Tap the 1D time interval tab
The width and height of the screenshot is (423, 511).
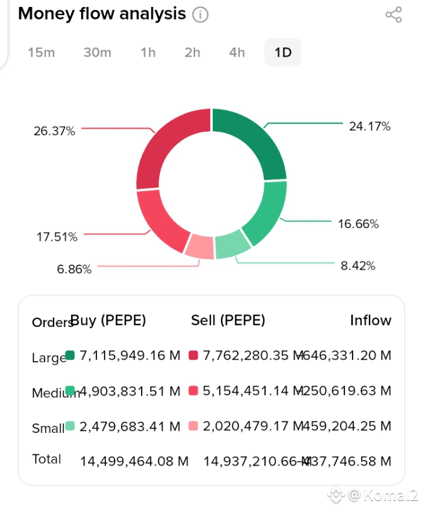[283, 52]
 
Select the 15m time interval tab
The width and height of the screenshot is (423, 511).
[41, 52]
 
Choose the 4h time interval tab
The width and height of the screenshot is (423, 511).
[237, 52]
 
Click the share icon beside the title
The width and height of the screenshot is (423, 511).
[393, 14]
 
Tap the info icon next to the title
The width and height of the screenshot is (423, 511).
[200, 14]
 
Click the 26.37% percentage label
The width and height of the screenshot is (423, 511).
[54, 131]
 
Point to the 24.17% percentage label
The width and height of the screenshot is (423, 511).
[369, 127]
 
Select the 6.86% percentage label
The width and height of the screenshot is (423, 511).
[74, 269]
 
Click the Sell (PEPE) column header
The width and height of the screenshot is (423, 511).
[228, 320]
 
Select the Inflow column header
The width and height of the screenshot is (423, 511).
[370, 320]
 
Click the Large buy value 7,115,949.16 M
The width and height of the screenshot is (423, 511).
[130, 356]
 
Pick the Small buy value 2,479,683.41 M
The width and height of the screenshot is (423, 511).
[130, 427]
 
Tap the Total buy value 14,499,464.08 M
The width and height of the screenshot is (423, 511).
[134, 461]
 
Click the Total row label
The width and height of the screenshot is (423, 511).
[47, 459]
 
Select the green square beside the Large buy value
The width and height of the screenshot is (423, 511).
[70, 355]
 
